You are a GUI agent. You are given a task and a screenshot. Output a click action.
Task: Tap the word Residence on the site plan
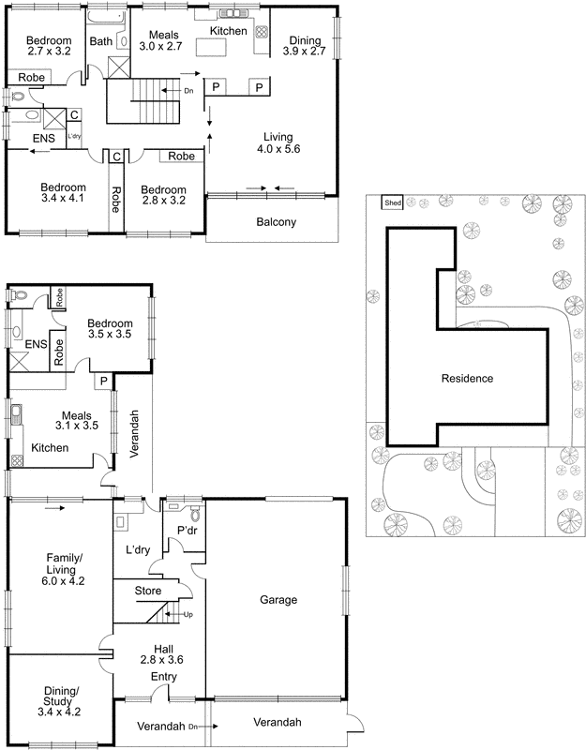tap(467, 379)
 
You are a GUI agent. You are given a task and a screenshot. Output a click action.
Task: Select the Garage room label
tap(279, 600)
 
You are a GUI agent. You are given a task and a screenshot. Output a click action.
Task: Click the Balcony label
tap(276, 222)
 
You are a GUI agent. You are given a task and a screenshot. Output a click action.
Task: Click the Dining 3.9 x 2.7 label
tap(305, 47)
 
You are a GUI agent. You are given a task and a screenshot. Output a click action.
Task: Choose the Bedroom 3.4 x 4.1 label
tap(64, 193)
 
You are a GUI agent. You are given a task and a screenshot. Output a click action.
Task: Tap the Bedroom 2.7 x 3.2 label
tap(49, 47)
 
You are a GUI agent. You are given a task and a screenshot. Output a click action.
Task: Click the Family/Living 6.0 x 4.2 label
tap(65, 569)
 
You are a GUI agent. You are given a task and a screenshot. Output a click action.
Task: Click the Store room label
tap(147, 592)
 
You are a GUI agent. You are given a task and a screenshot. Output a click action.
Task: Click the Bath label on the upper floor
tap(101, 41)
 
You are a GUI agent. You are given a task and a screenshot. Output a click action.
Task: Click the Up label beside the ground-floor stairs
tap(188, 614)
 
